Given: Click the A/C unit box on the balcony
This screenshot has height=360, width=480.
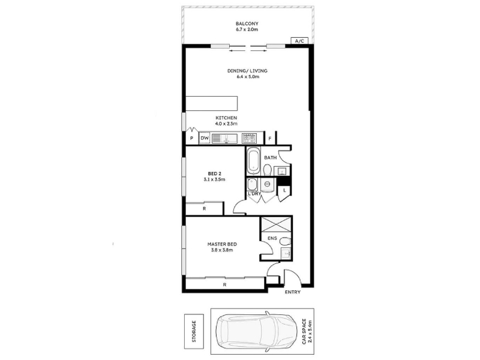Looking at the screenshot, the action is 299,41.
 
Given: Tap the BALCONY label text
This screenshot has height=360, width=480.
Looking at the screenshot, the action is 247,23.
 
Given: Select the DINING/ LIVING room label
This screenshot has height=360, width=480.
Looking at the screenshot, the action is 247,71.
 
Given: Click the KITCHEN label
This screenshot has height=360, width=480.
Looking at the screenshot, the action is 226,118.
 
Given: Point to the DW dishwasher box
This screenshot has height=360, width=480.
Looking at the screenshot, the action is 205,138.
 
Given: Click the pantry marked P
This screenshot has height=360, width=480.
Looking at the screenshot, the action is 191,138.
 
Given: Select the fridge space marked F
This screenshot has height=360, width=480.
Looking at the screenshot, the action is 270,139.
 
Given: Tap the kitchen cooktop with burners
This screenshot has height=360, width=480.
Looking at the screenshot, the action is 248,138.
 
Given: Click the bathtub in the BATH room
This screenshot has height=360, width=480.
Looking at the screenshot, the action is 253,161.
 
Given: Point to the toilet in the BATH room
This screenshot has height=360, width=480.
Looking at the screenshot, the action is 268,170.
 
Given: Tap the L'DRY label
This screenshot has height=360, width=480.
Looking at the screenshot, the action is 254,194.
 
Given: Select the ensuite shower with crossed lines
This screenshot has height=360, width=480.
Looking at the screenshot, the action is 275,225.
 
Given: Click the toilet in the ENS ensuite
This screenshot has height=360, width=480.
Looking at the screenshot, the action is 286,242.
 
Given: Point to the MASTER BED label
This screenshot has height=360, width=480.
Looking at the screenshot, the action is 222,244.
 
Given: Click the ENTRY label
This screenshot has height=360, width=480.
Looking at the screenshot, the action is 293,292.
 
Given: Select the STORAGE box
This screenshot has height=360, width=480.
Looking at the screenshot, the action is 194,331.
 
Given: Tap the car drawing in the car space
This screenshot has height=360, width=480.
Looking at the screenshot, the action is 257,331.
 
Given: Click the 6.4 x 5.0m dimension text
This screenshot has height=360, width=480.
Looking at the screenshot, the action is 248,77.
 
